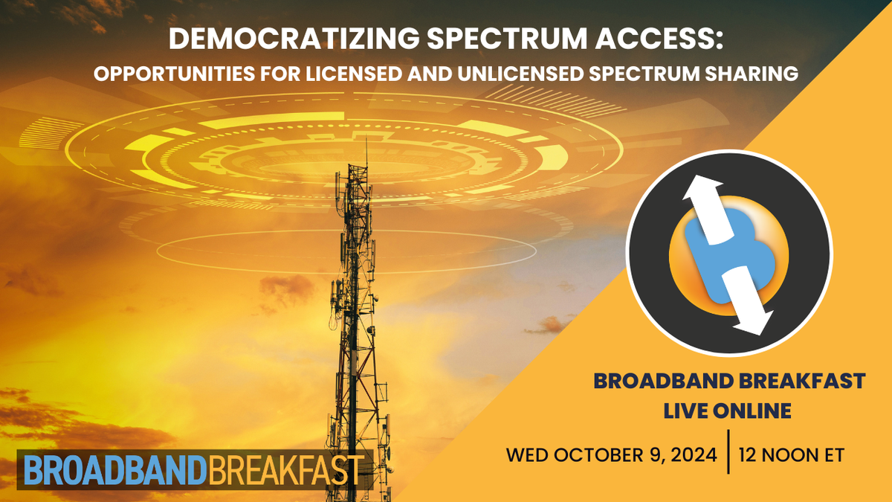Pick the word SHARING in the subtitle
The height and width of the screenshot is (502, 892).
tap(752, 74)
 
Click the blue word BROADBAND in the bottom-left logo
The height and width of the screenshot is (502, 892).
tap(113, 469)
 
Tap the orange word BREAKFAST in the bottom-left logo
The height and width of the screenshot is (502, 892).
tap(285, 469)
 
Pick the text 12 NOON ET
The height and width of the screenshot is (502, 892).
tap(792, 454)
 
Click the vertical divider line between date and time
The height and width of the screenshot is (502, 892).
tap(728, 451)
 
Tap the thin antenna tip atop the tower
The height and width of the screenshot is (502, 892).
tap(366, 149)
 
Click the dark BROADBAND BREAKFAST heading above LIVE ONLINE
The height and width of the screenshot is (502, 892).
tap(728, 382)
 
